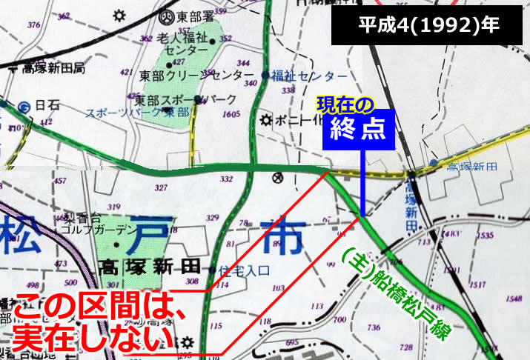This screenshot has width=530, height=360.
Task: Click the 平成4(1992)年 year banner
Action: [x=429, y=24]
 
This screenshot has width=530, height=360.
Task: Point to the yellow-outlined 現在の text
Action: [x=345, y=102]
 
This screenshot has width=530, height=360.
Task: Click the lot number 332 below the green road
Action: [x=227, y=180]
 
